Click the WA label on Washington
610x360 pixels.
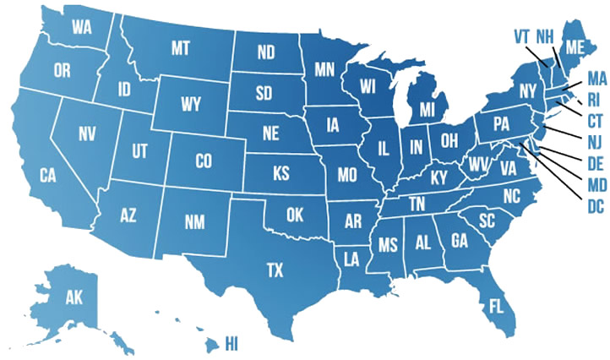click(82, 27)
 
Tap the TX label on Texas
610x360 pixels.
click(275, 270)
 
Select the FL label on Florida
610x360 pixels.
click(498, 306)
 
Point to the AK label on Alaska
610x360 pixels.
click(75, 297)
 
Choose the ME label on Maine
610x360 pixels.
click(576, 46)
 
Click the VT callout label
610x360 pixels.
click(522, 36)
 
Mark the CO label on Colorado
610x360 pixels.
click(203, 160)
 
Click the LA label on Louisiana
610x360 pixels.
click(349, 256)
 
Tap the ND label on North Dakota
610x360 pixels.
click(266, 52)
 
